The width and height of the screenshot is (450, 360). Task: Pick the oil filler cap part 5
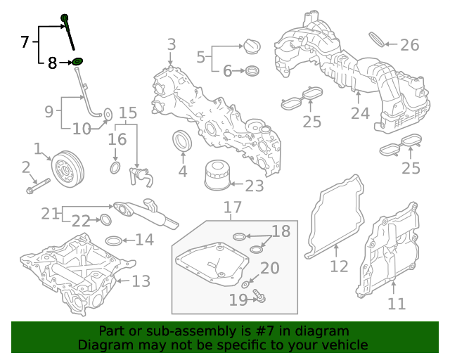point(249,46)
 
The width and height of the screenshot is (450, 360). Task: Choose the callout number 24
point(359,113)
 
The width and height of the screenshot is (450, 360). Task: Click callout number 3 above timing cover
point(172,46)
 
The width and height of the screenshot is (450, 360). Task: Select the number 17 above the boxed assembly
point(233,207)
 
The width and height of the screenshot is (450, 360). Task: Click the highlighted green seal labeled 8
point(77,62)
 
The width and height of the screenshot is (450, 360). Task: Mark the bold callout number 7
point(25,41)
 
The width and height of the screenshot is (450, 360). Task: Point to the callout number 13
point(141,281)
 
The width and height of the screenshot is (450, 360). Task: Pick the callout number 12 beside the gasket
point(339,266)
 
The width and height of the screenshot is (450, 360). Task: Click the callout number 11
point(397,304)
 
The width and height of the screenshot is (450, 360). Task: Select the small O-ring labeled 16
point(115,169)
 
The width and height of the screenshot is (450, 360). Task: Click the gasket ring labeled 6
point(251,71)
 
